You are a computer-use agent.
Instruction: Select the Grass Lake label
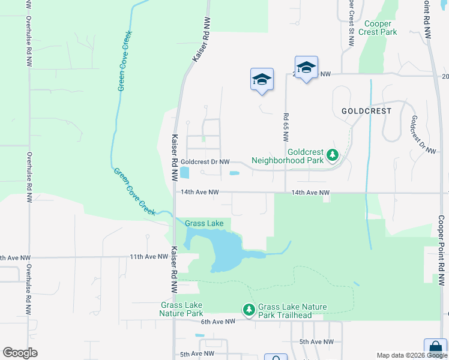[x=204, y=224]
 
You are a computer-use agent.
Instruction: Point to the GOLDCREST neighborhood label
[x=366, y=111]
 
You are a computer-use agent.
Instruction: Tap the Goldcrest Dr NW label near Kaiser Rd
[x=205, y=162]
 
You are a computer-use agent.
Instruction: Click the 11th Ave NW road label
[x=149, y=257]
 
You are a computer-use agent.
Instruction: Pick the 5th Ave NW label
[x=316, y=341]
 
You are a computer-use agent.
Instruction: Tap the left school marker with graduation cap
[x=262, y=80]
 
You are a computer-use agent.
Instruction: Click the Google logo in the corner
[x=20, y=353]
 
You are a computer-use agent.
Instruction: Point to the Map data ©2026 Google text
[x=411, y=355]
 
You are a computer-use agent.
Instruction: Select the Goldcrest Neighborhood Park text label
[x=288, y=157]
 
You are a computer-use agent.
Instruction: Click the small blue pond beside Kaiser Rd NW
[x=184, y=173]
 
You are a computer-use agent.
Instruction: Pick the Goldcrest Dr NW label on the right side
[x=421, y=135]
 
